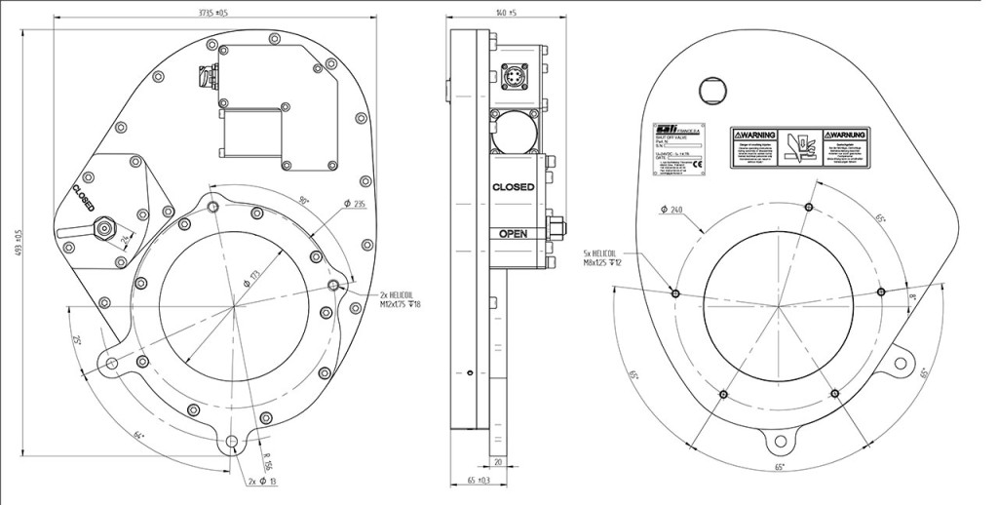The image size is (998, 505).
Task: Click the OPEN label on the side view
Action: tap(513, 234)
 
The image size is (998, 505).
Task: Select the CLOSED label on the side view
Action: tap(513, 186)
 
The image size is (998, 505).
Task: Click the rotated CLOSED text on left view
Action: tap(82, 198)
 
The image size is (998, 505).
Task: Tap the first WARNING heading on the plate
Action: tap(755, 134)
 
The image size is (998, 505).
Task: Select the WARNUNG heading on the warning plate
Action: tap(846, 134)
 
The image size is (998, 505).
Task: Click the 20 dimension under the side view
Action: tap(497, 461)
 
